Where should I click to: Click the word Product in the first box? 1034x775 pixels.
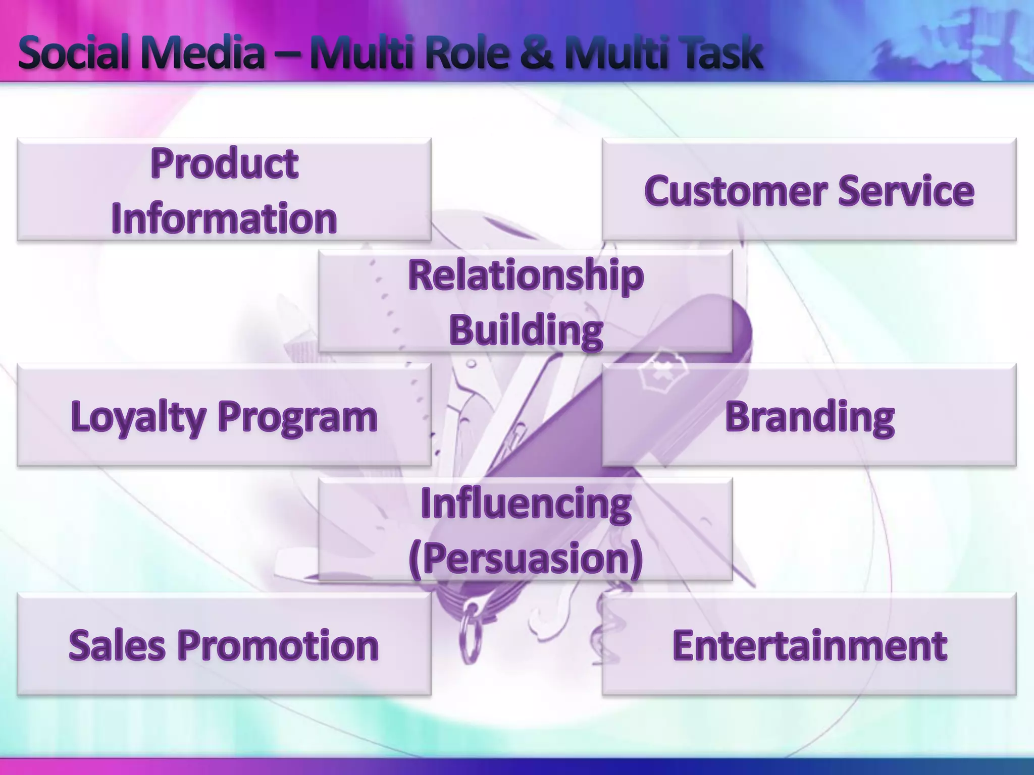tap(224, 164)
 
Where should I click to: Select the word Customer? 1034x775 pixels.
tap(735, 191)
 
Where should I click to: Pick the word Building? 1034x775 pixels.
tap(526, 330)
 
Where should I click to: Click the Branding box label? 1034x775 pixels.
tap(809, 417)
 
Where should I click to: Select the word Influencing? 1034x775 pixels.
tap(526, 504)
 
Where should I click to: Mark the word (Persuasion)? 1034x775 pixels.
tap(526, 559)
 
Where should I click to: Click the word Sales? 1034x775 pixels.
tap(117, 645)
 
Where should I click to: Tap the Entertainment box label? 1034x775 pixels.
tap(809, 645)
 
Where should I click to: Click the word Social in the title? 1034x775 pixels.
tap(75, 53)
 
